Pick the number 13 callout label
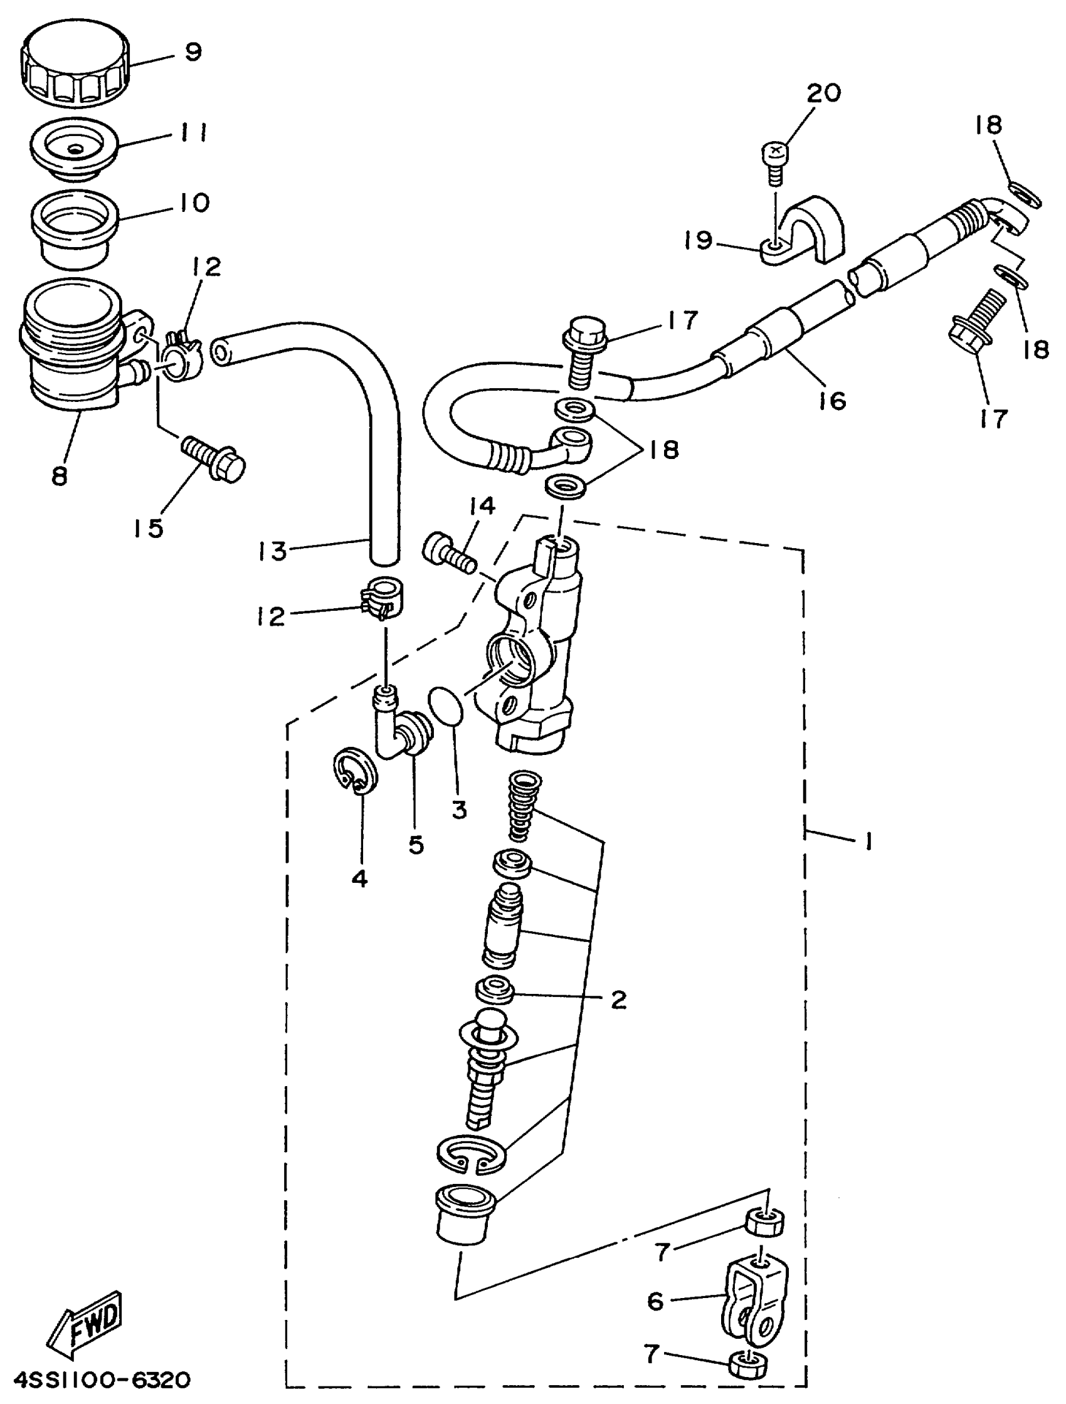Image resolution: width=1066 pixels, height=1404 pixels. pyautogui.click(x=273, y=551)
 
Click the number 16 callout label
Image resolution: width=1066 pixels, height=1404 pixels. pyautogui.click(x=831, y=401)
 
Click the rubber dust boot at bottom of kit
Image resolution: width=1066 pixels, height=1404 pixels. pyautogui.click(x=464, y=1216)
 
